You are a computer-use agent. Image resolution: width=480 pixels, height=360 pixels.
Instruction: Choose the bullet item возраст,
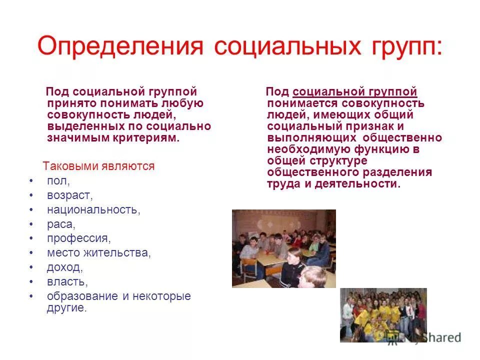pos(70,195)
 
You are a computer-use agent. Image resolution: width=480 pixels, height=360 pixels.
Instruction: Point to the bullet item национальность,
pos(93,209)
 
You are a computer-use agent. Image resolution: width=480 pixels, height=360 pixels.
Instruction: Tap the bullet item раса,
pos(61,224)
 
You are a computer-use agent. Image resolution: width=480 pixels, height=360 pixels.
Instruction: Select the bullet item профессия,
pos(79,238)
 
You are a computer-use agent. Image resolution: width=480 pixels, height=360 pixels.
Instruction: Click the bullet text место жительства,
pos(98,253)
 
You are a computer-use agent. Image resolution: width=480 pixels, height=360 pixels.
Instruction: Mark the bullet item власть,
pos(67,282)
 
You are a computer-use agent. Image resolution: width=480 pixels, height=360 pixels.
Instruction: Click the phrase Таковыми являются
pos(98,166)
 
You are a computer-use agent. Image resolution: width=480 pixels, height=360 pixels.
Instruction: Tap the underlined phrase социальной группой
pos(355,92)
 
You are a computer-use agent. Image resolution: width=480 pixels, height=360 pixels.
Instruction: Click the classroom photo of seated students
pos(283,248)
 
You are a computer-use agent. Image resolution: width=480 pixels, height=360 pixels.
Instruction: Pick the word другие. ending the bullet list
pos(67,308)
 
